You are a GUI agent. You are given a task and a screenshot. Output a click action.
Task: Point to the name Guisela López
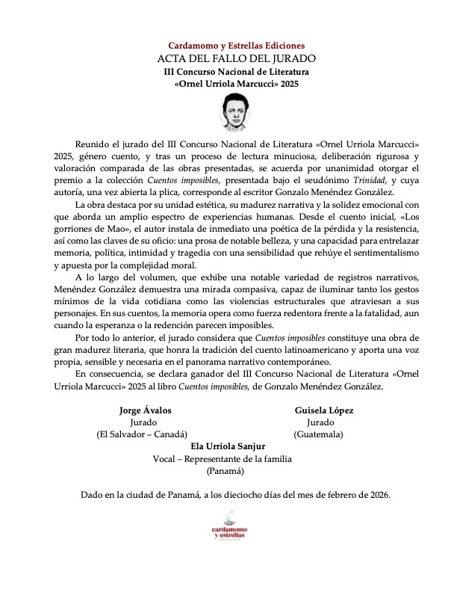click(324, 410)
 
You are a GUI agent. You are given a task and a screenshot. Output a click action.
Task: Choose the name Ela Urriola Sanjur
click(228, 447)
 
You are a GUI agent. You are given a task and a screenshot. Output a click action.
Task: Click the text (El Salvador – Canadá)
click(142, 434)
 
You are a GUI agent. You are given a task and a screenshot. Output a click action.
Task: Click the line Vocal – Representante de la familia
click(228, 459)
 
